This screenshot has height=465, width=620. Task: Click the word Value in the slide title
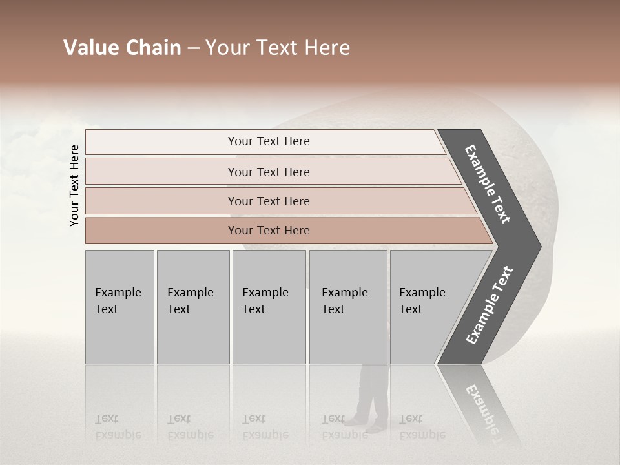coord(90,48)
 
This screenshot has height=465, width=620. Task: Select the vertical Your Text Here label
coord(74,185)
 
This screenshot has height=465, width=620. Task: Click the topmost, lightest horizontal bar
coord(268,141)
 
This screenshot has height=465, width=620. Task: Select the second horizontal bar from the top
coord(268,172)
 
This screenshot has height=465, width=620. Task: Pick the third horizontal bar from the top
coord(268,201)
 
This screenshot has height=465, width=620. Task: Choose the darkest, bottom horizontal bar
coord(268,231)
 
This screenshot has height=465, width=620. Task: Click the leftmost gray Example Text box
coord(119,307)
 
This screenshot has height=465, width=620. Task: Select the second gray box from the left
coord(192,307)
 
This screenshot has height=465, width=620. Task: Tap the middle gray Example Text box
coord(269,307)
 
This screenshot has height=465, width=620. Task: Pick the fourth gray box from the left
coord(348,307)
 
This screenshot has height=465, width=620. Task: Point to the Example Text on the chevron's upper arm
coord(488,184)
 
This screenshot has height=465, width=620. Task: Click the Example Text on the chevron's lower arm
coord(490,305)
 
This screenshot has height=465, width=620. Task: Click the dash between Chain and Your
coord(193,48)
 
